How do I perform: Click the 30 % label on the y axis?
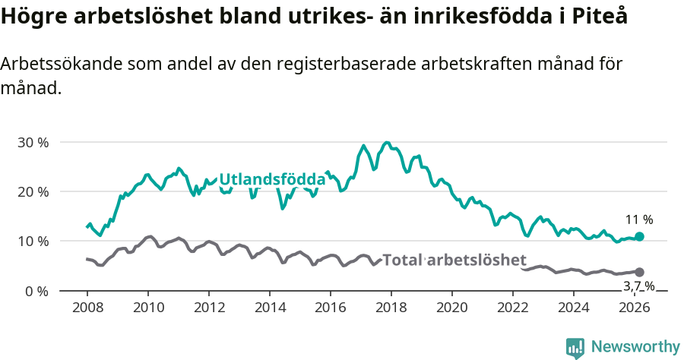coord(33,142)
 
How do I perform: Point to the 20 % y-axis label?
coord(33,191)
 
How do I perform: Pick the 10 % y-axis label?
coord(33,242)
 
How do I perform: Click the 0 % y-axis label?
coord(36,291)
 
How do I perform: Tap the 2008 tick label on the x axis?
coord(87,308)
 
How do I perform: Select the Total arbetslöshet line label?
coord(454,260)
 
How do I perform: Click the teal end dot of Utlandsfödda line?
coord(639,237)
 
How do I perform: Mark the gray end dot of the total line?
coord(639,272)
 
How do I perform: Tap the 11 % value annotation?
coord(639,219)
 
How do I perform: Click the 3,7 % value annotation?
coord(638,286)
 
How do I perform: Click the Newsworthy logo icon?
coord(575,348)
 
